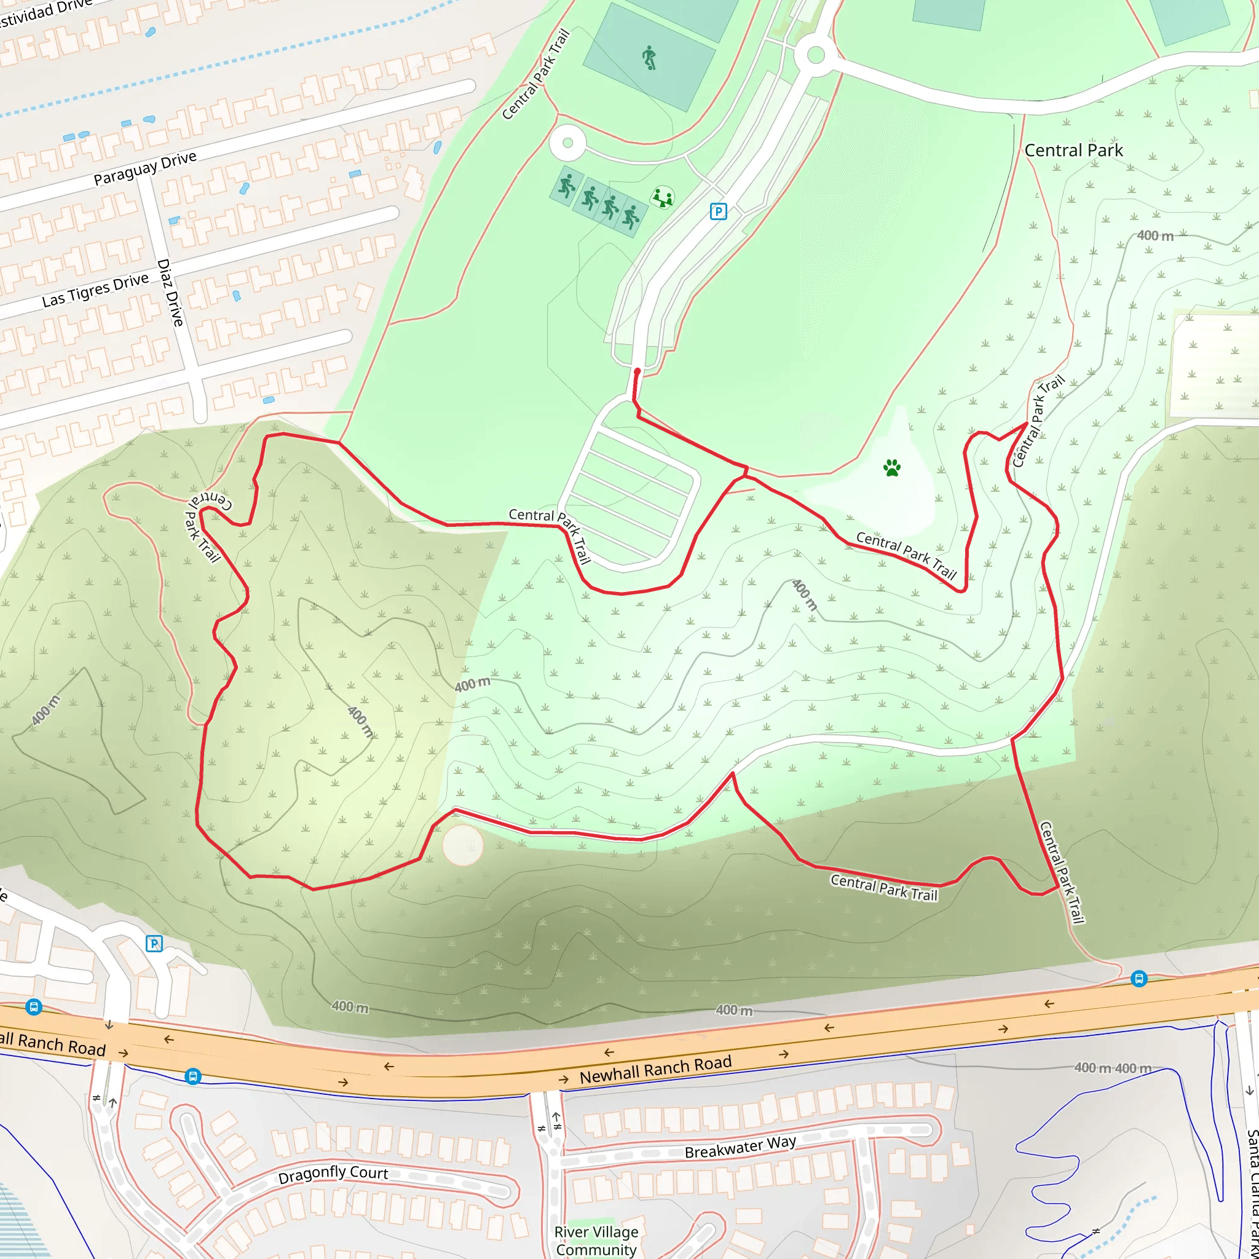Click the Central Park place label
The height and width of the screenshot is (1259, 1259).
tap(1073, 151)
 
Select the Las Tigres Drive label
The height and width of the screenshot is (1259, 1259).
tap(95, 290)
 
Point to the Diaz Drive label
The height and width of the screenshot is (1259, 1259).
tap(170, 293)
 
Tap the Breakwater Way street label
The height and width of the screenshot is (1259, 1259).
tap(740, 1147)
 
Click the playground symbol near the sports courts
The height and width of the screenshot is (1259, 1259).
tap(663, 197)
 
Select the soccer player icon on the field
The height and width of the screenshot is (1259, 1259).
tap(649, 58)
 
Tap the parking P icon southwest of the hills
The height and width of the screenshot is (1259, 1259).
tap(154, 943)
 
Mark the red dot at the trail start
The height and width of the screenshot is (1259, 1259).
tap(637, 371)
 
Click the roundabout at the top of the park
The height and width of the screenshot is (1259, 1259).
tap(815, 55)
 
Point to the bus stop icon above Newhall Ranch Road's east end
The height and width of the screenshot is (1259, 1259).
tap(1139, 978)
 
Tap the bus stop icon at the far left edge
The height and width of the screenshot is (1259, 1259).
tap(34, 1007)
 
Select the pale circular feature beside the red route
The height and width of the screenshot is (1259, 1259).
tap(463, 845)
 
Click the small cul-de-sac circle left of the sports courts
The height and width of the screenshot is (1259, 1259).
tap(567, 143)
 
